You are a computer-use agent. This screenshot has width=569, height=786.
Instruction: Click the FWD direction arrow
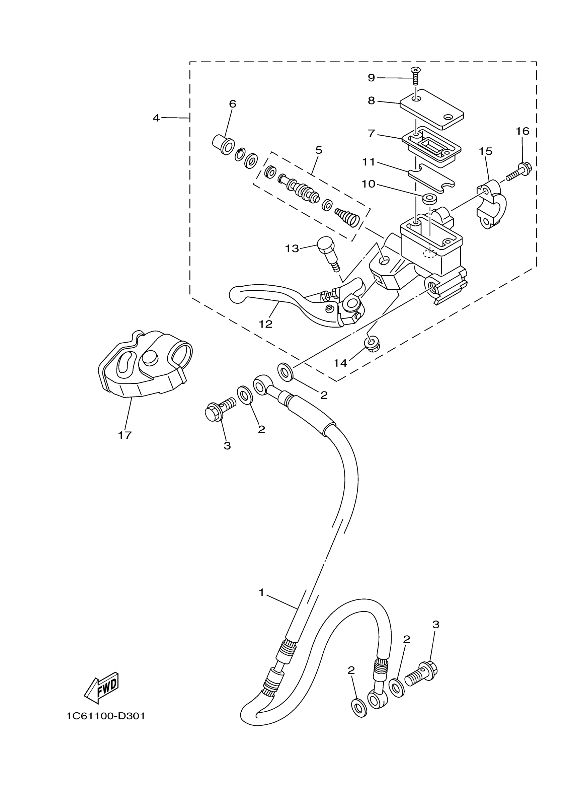[102, 688]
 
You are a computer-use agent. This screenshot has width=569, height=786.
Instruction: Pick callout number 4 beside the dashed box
[156, 118]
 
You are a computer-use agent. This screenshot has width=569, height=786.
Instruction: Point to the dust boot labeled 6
[222, 145]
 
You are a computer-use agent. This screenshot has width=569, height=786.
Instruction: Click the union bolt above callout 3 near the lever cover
[220, 409]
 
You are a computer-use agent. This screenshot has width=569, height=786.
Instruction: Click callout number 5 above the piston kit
[319, 150]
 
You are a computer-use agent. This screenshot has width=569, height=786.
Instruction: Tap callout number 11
[369, 162]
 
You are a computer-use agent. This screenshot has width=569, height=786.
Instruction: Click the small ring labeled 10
[429, 199]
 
